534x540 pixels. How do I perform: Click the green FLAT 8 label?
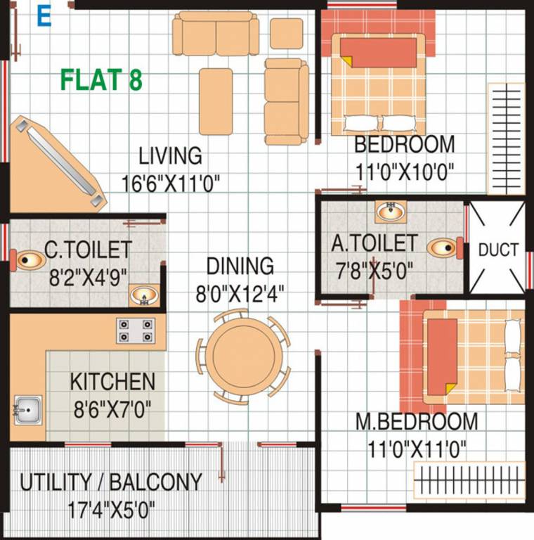tap(101, 79)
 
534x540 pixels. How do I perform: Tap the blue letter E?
tap(44, 18)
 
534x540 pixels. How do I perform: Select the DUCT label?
tap(498, 250)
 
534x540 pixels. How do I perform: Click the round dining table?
tap(243, 354)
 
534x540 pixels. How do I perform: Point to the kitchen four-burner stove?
tap(135, 330)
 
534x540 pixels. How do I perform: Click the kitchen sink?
tap(28, 408)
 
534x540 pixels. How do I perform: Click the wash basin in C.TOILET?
tap(145, 297)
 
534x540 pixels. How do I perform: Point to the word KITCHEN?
tap(112, 382)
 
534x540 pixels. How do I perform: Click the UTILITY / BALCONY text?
tap(111, 482)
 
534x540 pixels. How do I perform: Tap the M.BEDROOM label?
tap(416, 422)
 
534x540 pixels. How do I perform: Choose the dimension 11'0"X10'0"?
tap(404, 171)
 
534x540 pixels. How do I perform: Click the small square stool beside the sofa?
tap(286, 33)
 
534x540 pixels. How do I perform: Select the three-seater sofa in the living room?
tap(216, 32)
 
